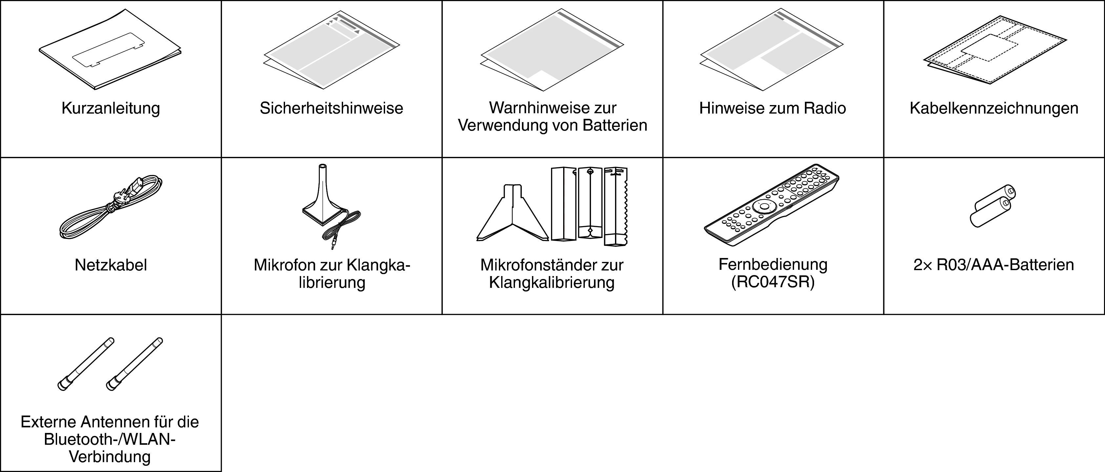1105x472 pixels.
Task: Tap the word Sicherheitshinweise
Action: point(331,108)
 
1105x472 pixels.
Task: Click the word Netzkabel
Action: point(111,265)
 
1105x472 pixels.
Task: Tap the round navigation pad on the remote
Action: point(765,206)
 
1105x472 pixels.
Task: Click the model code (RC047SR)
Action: point(772,282)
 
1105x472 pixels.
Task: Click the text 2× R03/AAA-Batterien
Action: point(993,265)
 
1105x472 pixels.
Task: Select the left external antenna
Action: point(86,364)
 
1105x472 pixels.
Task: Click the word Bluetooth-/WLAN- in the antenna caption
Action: point(110,440)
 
